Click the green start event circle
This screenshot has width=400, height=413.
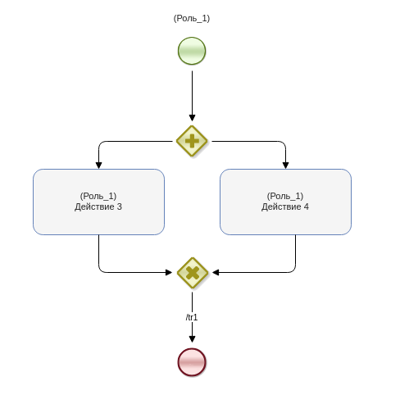tap(192, 51)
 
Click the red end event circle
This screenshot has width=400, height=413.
tap(192, 362)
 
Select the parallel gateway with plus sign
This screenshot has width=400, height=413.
tap(192, 141)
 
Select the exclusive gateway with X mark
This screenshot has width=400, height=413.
tap(193, 273)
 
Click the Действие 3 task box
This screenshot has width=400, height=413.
tap(98, 202)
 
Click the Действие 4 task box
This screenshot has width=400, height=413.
tap(285, 202)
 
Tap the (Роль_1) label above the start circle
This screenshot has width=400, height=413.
tap(192, 19)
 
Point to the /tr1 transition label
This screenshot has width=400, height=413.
tap(192, 317)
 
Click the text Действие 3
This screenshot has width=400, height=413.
tap(98, 206)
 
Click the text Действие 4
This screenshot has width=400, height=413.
tap(285, 206)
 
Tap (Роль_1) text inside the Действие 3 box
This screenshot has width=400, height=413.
tap(98, 196)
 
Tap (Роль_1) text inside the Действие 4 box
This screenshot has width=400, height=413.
tap(285, 196)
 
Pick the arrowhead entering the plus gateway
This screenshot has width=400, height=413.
tap(192, 118)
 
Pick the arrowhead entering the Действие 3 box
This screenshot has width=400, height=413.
tap(98, 166)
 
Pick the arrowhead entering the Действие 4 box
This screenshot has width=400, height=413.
tap(285, 166)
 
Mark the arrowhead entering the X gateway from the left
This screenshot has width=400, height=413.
tap(169, 272)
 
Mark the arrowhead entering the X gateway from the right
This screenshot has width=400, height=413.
tap(216, 272)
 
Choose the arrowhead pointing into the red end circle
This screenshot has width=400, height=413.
tap(192, 339)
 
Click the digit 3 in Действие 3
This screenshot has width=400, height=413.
tap(120, 206)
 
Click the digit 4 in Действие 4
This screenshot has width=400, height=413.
tap(307, 206)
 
